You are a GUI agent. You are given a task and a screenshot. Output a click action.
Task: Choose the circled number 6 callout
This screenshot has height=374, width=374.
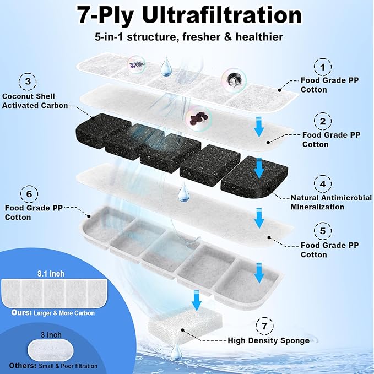coord(29,194)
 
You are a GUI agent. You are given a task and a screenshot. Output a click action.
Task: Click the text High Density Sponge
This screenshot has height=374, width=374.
coord(268,340)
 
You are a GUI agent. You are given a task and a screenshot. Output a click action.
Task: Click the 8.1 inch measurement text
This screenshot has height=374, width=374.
coord(47,272)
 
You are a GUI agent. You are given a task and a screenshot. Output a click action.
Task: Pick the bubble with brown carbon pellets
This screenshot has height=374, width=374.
coord(196,117)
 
